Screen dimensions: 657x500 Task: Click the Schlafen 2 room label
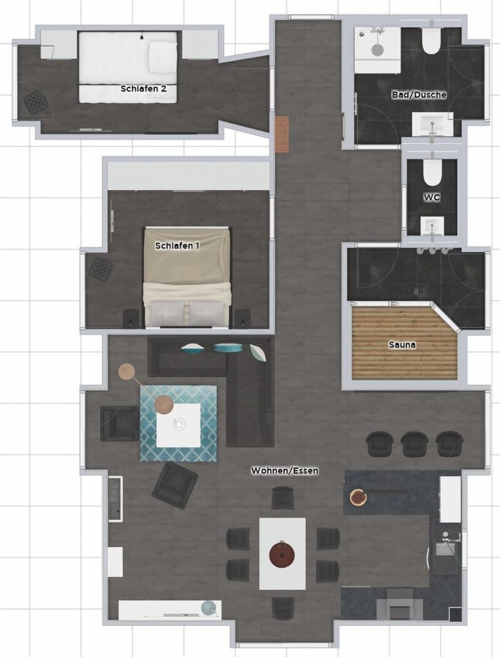[x=143, y=89]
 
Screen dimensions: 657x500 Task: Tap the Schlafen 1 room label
[x=177, y=245]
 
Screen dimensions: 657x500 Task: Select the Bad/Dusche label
[x=419, y=95]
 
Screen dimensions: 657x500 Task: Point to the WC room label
[x=431, y=197]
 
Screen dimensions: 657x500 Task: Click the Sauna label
[x=402, y=345]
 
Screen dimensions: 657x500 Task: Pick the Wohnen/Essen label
[x=284, y=470]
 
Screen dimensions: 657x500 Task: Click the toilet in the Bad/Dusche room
[x=431, y=41]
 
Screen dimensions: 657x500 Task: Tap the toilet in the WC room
[x=431, y=172]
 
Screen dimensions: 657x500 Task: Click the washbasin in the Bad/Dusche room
[x=431, y=124]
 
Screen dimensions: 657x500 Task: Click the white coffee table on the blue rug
[x=179, y=425]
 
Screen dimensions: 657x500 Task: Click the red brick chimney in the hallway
[x=282, y=134]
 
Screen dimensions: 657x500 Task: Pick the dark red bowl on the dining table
[x=282, y=554]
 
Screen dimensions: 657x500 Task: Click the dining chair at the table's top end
[x=282, y=498]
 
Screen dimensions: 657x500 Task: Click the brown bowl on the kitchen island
[x=358, y=497]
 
